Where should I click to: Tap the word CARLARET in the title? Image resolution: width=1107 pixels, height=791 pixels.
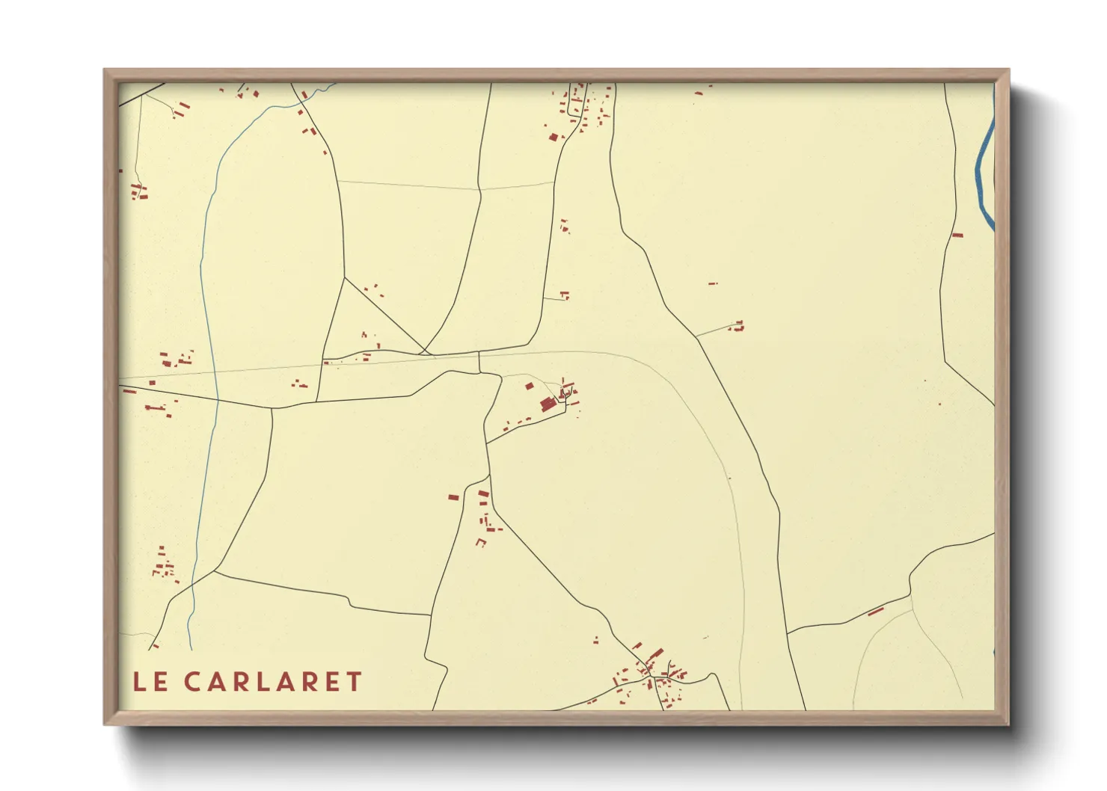pyautogui.click(x=273, y=682)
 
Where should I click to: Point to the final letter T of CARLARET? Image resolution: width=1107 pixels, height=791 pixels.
pyautogui.click(x=354, y=682)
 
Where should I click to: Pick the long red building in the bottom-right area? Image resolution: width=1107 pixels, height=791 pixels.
pyautogui.click(x=876, y=612)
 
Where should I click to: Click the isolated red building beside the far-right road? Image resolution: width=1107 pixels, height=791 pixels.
pyautogui.click(x=957, y=236)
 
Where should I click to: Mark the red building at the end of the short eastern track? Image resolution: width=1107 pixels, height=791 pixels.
pyautogui.click(x=739, y=325)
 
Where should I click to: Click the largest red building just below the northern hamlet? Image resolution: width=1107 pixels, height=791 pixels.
pyautogui.click(x=553, y=137)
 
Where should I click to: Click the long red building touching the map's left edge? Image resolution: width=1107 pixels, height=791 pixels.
pyautogui.click(x=129, y=391)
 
